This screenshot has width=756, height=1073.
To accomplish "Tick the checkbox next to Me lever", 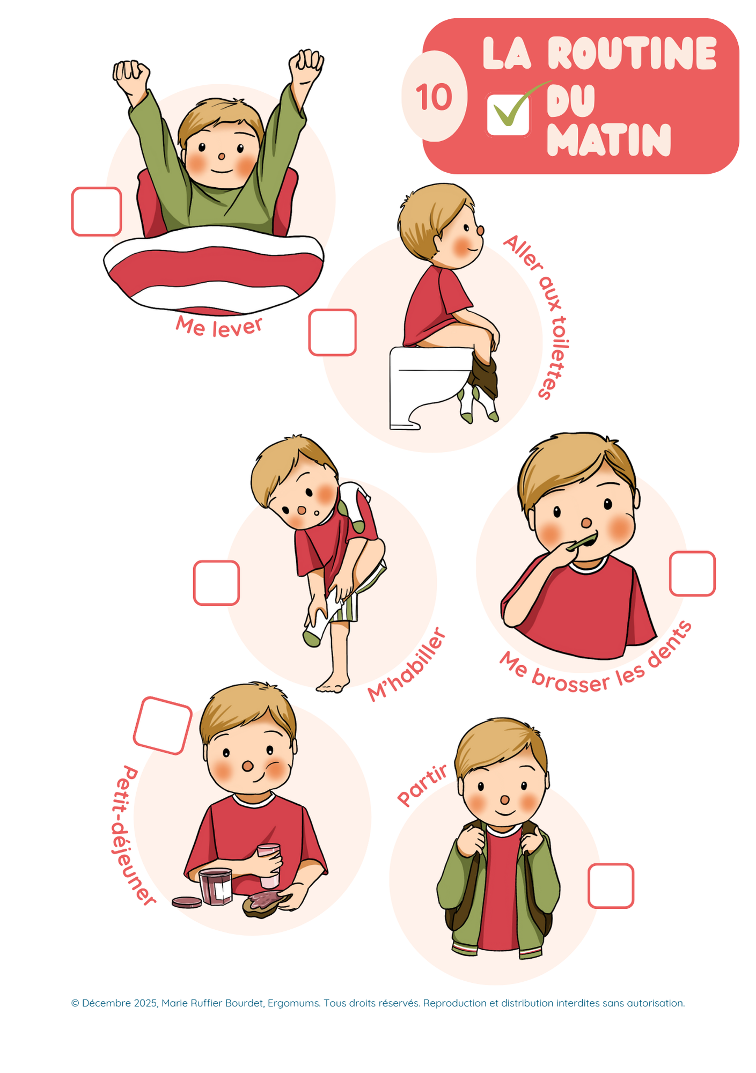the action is [x=97, y=211].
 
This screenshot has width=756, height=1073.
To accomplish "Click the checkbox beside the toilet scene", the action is [x=333, y=332].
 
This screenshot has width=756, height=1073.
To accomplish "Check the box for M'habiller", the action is [x=216, y=583].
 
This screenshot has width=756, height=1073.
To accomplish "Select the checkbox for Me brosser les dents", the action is [x=692, y=574].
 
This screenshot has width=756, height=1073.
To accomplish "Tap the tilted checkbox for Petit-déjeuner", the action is [x=163, y=725].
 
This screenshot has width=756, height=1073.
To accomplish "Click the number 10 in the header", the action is [x=434, y=97].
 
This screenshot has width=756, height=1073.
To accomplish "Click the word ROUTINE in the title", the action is [x=632, y=53].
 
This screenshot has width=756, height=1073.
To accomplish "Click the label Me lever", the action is [x=219, y=326].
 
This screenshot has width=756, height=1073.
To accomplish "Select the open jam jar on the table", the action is [x=215, y=886].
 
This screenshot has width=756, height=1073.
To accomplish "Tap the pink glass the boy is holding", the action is [x=268, y=865].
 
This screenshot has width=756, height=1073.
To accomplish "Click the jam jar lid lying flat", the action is [x=187, y=902].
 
